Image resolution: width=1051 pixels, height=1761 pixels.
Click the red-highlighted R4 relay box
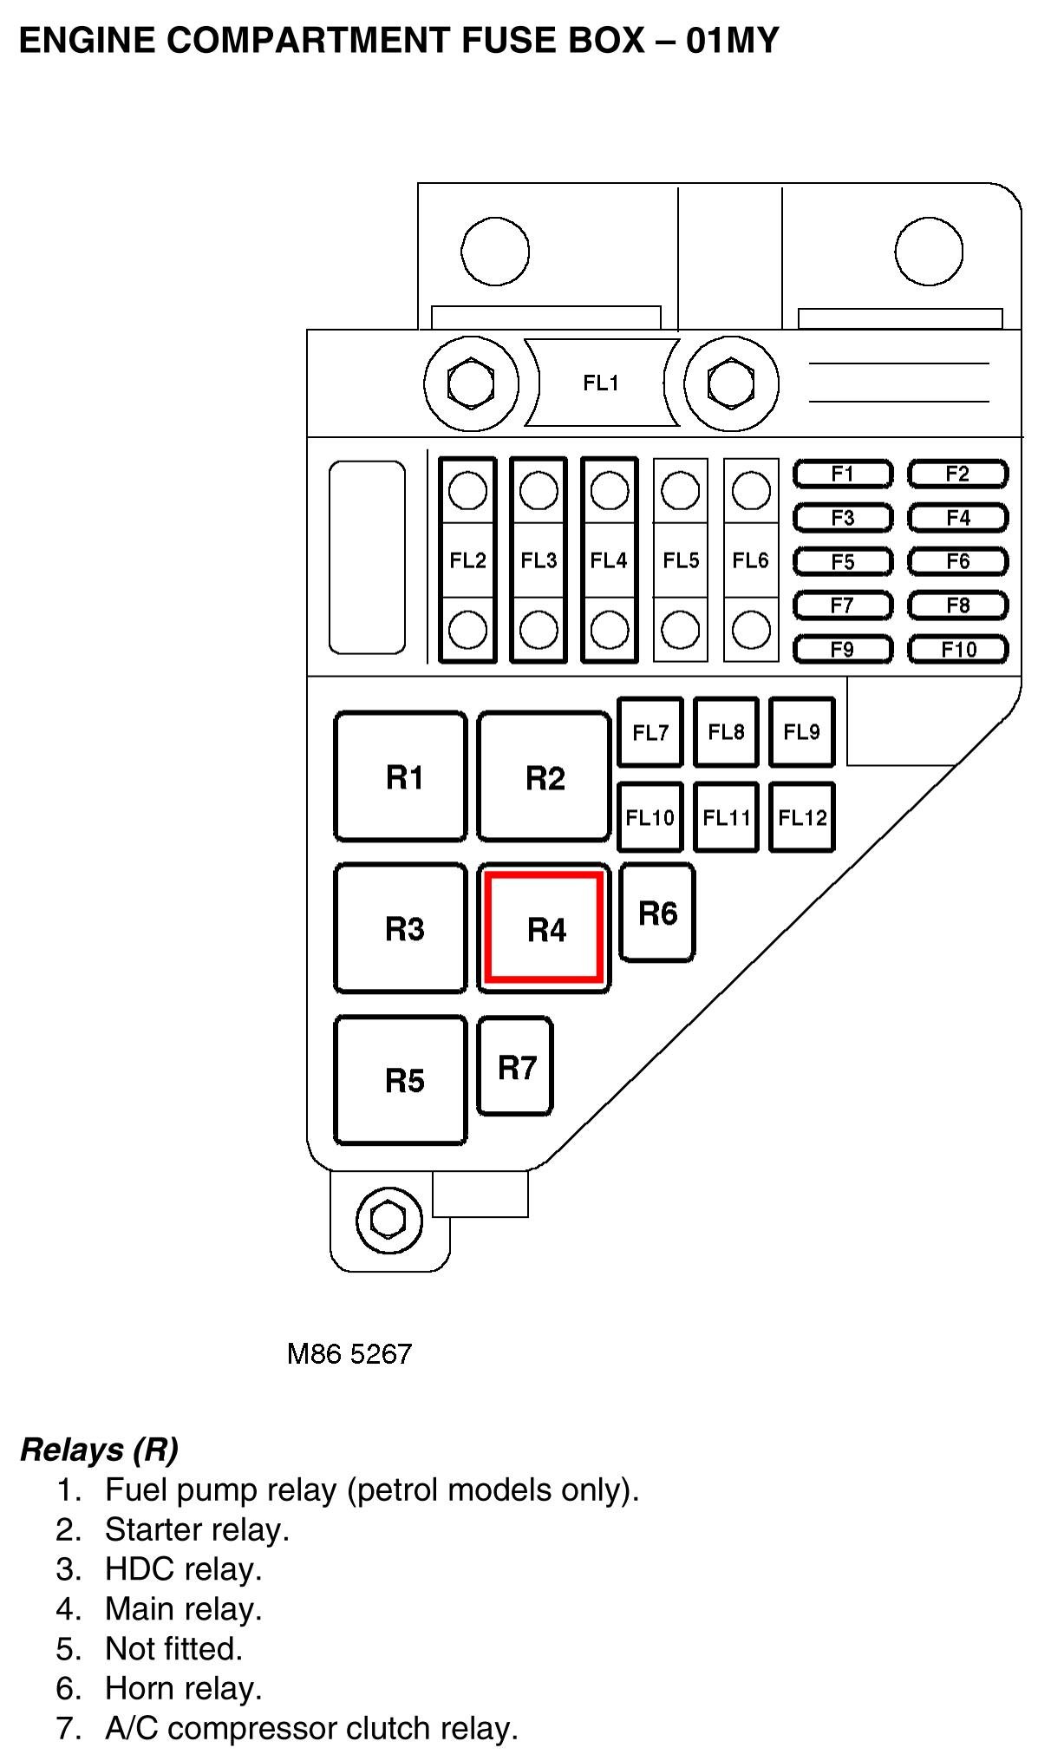tap(544, 928)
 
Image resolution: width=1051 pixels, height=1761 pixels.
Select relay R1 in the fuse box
tap(401, 776)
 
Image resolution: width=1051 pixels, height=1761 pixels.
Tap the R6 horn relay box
tap(657, 913)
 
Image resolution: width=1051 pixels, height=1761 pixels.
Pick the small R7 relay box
tap(515, 1066)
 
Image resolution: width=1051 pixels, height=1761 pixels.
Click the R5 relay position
tap(401, 1080)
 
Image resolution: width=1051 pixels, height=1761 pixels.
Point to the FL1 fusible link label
tap(601, 383)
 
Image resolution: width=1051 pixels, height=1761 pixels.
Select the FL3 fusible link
tap(539, 560)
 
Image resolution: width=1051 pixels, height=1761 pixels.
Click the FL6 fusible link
tap(751, 560)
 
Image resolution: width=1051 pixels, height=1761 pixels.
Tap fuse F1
tap(843, 475)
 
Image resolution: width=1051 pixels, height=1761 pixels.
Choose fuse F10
tap(958, 650)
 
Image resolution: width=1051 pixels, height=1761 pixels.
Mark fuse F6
tap(958, 562)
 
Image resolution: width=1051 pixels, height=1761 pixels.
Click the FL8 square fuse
tap(727, 732)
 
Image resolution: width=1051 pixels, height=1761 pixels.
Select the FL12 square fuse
tap(802, 817)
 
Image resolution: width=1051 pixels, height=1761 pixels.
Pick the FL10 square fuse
tap(650, 817)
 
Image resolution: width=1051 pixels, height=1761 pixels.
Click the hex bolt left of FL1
tap(470, 383)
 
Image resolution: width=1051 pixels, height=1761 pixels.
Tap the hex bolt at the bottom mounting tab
tap(388, 1219)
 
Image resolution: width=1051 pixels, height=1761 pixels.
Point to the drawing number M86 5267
tap(349, 1354)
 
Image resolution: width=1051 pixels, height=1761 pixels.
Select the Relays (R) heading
tap(99, 1449)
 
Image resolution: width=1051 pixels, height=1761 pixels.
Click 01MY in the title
tap(732, 40)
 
